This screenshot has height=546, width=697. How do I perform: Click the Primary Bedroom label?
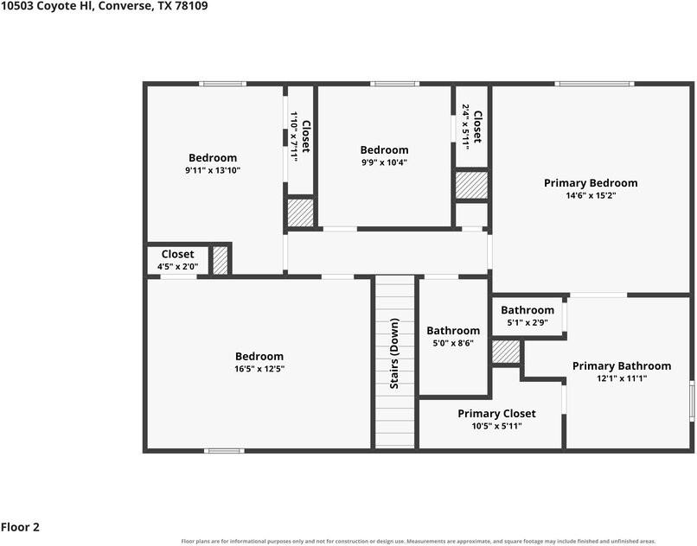[591, 183]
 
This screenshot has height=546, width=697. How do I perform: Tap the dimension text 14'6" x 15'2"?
[591, 195]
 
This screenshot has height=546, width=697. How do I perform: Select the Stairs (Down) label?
[394, 353]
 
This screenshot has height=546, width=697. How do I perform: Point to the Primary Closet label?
[496, 414]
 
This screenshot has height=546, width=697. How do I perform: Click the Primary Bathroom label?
[622, 366]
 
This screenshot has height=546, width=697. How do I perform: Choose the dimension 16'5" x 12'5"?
[259, 369]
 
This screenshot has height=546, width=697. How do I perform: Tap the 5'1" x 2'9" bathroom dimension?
[528, 322]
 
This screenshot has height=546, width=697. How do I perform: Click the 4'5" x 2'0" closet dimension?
[178, 267]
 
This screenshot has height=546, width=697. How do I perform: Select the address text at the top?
[104, 6]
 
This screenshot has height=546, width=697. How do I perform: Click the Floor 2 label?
[20, 527]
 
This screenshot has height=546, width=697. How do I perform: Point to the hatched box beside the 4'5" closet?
[221, 260]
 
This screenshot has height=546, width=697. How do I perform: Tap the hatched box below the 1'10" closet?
[300, 213]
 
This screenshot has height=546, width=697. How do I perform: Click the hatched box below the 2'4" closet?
[471, 185]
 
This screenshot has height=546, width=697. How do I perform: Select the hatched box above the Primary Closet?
[506, 352]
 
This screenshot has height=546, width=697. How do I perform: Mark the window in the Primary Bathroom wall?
[692, 401]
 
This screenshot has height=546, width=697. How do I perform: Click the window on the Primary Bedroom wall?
[594, 84]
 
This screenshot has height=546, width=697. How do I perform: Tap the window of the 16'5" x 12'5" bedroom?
[224, 451]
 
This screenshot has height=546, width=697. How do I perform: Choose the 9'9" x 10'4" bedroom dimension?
[385, 162]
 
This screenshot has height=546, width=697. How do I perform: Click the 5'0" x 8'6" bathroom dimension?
[453, 343]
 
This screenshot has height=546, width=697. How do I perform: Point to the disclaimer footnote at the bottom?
[419, 541]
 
